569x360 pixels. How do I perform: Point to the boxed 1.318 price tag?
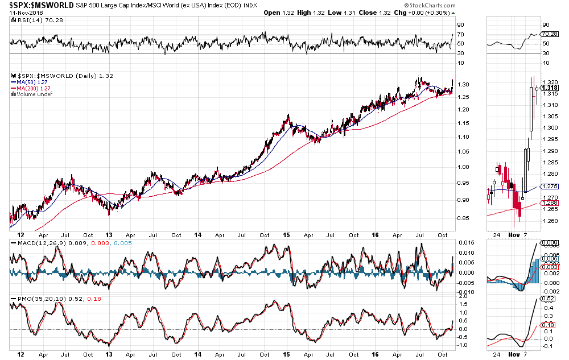pos(550,88)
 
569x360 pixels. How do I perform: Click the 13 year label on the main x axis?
pos(109,234)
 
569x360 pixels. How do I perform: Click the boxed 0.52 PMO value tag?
pos(548,298)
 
